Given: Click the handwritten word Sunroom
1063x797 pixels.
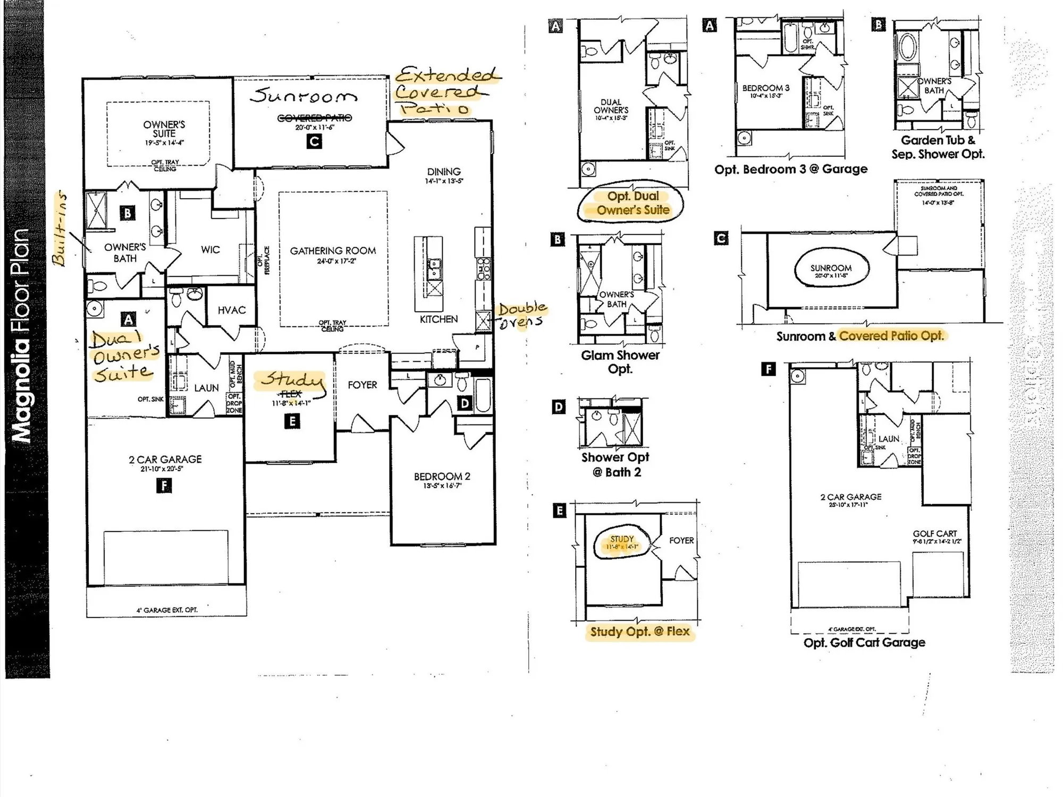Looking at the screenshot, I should point(304,96).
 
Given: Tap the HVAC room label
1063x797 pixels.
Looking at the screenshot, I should point(232,310).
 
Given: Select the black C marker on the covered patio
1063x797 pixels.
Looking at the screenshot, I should point(314,142).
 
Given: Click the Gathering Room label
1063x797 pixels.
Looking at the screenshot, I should point(333,251).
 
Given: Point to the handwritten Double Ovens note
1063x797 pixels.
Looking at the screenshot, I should point(521,315).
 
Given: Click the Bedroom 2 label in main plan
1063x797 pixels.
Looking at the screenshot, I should point(442,477).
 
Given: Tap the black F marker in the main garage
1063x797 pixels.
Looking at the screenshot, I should point(164,486).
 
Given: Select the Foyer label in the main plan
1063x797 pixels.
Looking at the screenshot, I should point(362,385).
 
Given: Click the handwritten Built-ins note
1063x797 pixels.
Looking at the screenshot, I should point(60,228).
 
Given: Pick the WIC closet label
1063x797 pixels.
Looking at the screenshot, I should point(210,250).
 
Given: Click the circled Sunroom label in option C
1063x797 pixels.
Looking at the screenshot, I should point(831,268).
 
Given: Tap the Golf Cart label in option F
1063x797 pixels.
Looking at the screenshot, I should point(935,533).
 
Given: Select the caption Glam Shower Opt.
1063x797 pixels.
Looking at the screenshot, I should point(620,361).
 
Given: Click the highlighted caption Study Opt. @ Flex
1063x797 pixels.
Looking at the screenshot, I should point(639,632).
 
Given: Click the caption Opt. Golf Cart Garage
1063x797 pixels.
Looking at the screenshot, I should point(864,642).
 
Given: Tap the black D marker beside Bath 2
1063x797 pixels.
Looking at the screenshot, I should point(465,403).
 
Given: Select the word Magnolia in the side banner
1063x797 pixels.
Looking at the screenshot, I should point(21,392).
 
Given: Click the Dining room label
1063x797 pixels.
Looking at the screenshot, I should point(444,172).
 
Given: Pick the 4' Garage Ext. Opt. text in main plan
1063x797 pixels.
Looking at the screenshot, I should point(167,610).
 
